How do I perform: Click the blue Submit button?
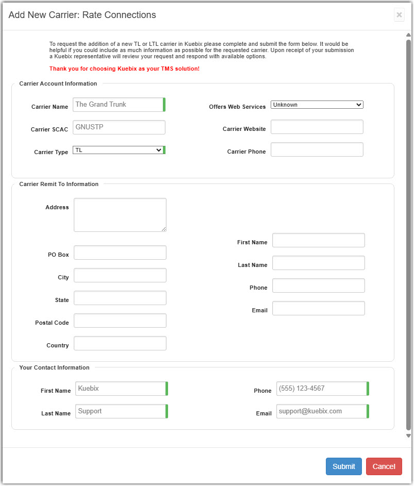[343, 466]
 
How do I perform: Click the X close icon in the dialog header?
[399, 15]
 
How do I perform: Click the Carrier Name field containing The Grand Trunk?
[119, 105]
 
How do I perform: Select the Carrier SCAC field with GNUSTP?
[119, 127]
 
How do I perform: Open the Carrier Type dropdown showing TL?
[118, 150]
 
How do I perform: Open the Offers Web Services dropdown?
[317, 105]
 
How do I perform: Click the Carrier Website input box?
[317, 127]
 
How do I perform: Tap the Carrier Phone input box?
[317, 149]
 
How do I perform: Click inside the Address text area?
[120, 215]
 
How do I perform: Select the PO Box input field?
[120, 253]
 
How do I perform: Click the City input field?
[120, 275]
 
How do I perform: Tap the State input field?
[120, 298]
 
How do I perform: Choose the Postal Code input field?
[120, 321]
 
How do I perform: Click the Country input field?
[120, 343]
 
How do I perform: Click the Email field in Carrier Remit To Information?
[318, 308]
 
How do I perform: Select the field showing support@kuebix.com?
[322, 411]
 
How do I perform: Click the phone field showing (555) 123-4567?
[322, 389]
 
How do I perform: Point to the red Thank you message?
[124, 69]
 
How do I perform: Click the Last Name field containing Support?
[121, 411]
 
